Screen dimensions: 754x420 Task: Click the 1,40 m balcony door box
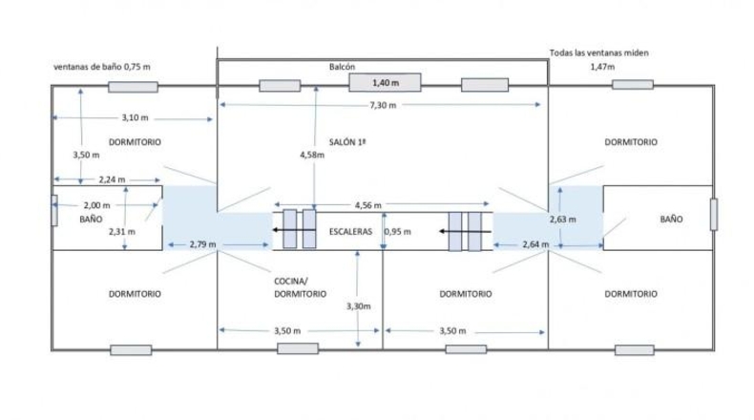tap(385, 82)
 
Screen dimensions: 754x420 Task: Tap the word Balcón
tap(342, 67)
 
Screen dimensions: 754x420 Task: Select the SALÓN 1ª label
tap(347, 142)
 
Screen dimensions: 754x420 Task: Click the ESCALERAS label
tap(350, 231)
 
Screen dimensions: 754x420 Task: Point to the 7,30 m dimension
tap(383, 105)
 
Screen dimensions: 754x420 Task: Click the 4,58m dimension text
tap(312, 155)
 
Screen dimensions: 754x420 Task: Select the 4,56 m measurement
tap(368, 205)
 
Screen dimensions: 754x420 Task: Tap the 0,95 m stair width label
tap(398, 231)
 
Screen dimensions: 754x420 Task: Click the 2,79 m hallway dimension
tap(202, 244)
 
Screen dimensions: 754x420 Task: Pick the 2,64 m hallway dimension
tap(535, 244)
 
